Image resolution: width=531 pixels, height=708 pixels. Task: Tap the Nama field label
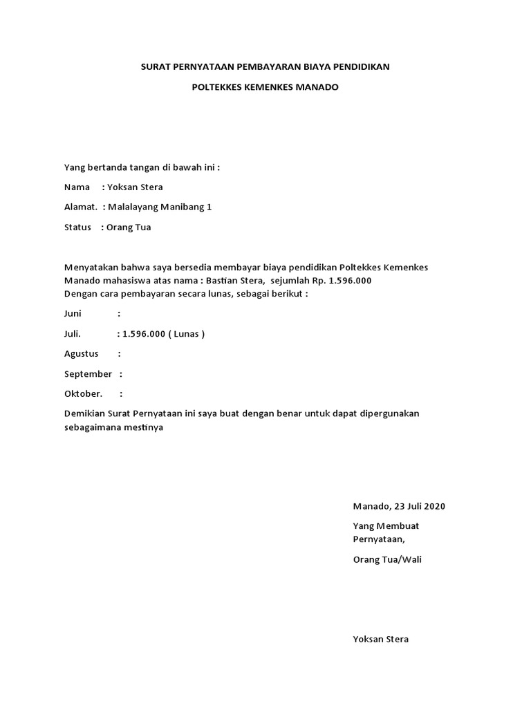coord(77,187)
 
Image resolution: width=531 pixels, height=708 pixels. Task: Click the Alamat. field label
coord(80,207)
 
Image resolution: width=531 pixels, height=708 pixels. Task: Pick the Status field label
coord(77,227)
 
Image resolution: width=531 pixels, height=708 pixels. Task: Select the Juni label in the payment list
coord(73,313)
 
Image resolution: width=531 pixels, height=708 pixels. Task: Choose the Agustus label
coord(81,353)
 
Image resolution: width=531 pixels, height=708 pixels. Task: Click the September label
coord(88,373)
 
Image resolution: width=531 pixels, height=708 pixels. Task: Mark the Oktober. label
coord(83,393)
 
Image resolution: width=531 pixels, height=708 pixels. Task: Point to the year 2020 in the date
coord(434,505)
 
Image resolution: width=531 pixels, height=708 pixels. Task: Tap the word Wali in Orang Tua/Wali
coord(411,559)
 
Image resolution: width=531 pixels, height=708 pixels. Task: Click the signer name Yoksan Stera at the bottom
coord(380,639)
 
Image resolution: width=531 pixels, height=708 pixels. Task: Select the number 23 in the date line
coord(399,505)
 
